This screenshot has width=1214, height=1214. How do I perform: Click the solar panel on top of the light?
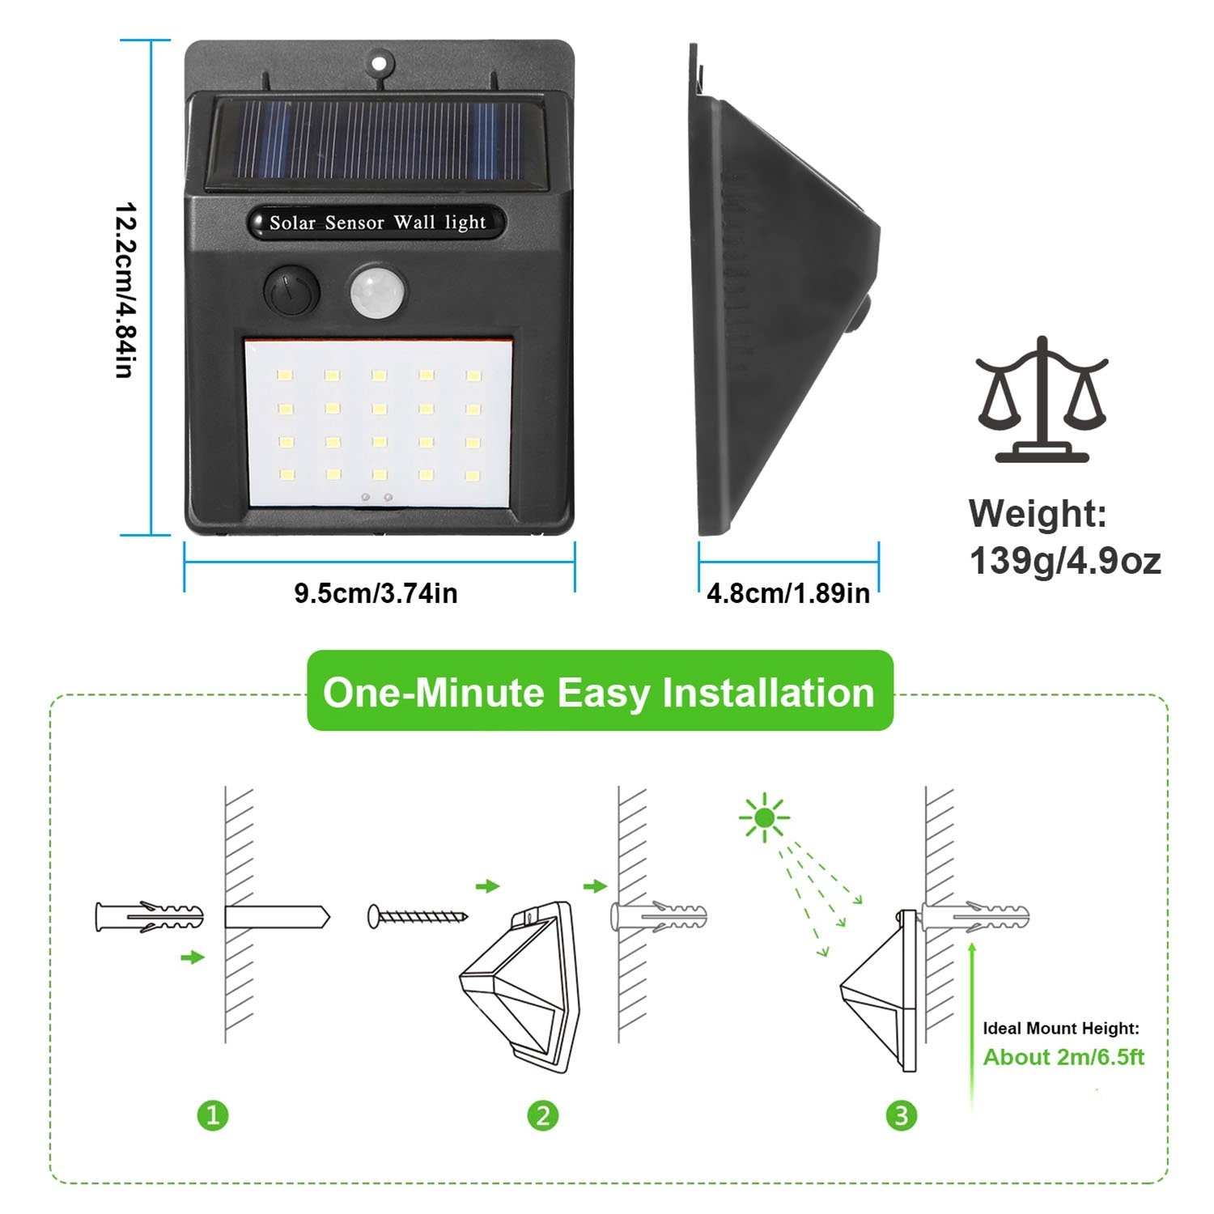pos(377,142)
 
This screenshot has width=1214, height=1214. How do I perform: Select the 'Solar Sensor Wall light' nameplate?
pos(377,223)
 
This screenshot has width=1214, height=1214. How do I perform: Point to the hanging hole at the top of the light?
pos(379,62)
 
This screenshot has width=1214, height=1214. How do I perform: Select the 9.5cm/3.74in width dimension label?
pos(376,593)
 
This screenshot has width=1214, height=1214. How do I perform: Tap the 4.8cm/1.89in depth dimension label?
pos(787,593)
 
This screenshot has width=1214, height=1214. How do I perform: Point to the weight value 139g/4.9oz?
pos(1064,561)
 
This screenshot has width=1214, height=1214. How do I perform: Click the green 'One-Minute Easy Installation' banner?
pos(600,692)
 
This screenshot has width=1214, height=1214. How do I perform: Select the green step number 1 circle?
pos(213,1116)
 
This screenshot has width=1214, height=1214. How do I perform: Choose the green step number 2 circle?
pos(543,1116)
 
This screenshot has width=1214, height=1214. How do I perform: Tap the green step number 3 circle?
pos(902,1116)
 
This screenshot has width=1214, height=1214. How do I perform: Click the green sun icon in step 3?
pos(764,818)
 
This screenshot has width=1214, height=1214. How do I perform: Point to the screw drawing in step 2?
pos(418,916)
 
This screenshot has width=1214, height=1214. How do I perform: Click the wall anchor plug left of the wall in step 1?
pos(149,917)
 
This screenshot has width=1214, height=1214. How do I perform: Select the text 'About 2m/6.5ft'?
pos(1063,1057)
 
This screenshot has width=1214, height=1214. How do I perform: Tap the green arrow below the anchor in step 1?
pos(193,957)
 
